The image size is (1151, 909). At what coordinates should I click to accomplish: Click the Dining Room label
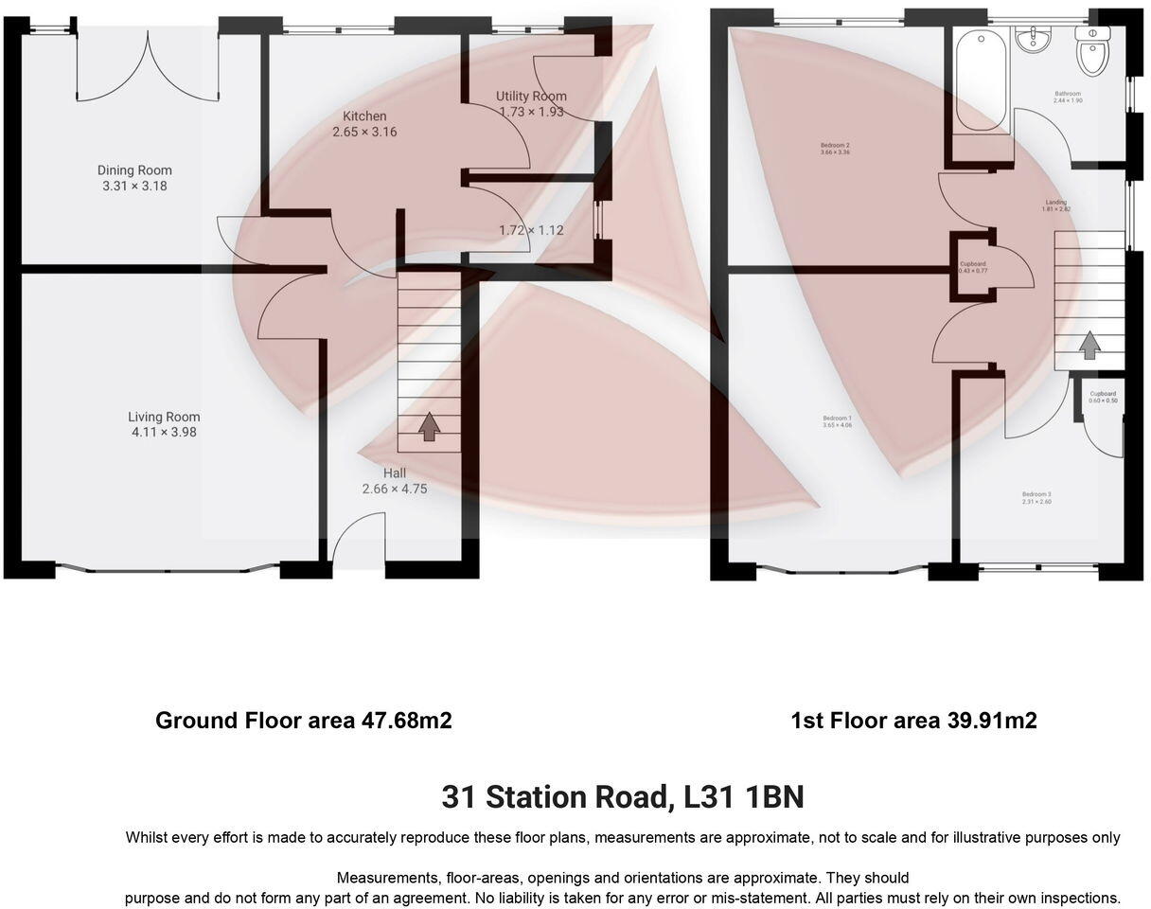(x=134, y=170)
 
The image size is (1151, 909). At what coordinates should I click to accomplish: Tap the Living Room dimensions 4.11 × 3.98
(x=164, y=433)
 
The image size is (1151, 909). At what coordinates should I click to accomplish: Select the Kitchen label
(x=364, y=116)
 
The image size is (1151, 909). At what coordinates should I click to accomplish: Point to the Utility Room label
(x=531, y=96)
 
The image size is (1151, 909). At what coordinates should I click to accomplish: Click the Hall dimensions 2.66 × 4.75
(x=395, y=490)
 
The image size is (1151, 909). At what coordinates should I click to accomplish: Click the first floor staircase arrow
(x=1089, y=345)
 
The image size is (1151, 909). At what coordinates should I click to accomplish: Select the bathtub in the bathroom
(x=981, y=80)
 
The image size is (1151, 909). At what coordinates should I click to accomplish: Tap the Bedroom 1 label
(x=837, y=419)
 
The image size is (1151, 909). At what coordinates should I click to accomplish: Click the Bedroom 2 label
(x=835, y=146)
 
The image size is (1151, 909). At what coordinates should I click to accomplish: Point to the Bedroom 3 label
(x=1036, y=494)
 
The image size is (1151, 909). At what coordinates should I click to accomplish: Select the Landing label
(x=1055, y=203)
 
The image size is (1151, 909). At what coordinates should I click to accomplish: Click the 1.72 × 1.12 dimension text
(x=531, y=230)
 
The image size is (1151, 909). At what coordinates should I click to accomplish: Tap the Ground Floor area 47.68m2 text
(x=303, y=721)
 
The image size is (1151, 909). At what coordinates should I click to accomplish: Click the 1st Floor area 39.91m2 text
(x=913, y=721)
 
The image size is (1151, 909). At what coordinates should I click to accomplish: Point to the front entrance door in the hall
(x=360, y=544)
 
